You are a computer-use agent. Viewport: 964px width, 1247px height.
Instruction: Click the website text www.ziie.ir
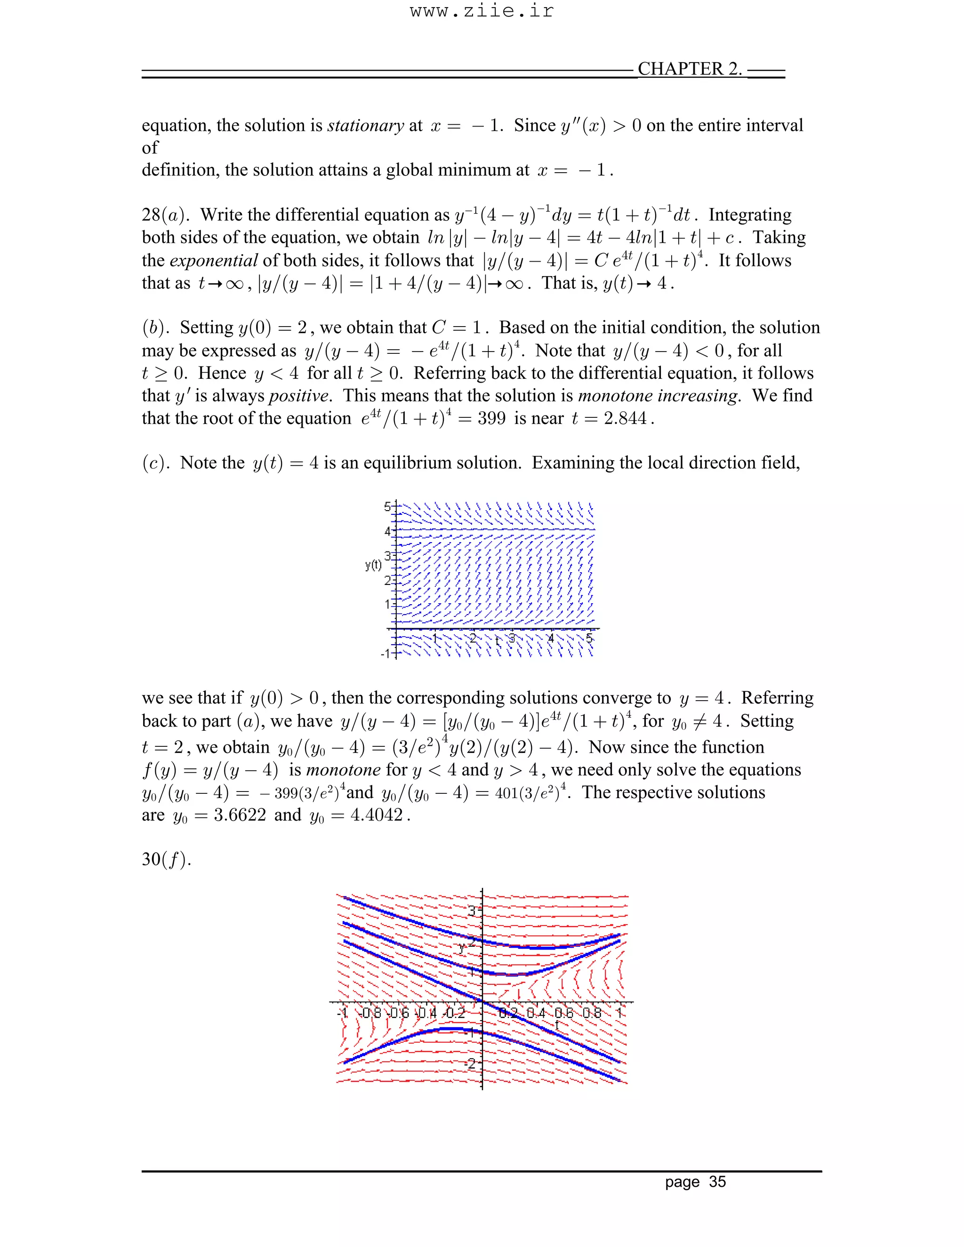482,11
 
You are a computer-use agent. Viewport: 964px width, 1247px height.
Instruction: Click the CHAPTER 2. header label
689,69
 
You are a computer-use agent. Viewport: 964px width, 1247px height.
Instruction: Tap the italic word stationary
365,125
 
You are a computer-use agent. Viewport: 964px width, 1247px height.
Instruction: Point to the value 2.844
626,418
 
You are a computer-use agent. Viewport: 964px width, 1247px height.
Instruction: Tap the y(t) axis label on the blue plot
373,565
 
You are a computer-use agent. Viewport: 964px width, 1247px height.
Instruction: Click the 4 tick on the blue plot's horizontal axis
551,638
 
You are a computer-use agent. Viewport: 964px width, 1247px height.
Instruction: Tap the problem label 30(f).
166,859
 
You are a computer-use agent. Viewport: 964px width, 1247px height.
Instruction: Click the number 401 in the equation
506,793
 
